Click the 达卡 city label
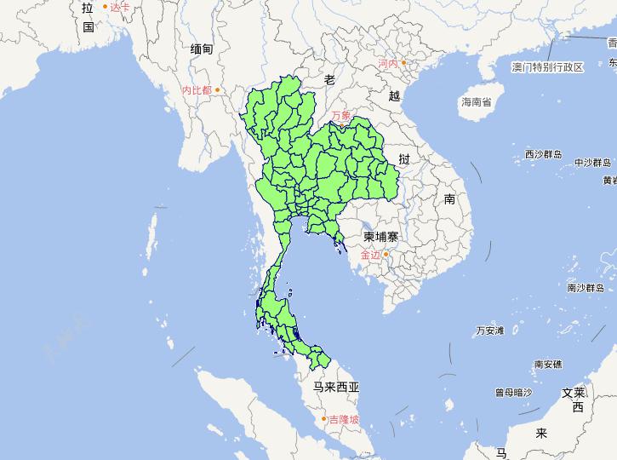pos(120,7)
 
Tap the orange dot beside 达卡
pos(106,7)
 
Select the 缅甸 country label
pos(202,49)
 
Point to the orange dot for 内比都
pos(218,89)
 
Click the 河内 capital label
pos(387,63)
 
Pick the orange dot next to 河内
pos(404,62)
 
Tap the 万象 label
pos(341,115)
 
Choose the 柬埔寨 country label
pos(380,236)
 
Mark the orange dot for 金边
pos(386,254)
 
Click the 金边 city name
pos(370,255)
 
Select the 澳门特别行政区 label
pos(547,67)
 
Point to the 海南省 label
pos(476,102)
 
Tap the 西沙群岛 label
pos(542,155)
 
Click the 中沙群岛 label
pos(592,162)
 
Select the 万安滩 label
pos(490,330)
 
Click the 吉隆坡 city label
pos(344,419)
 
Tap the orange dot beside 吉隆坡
pos(323,418)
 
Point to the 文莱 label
pos(574,393)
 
